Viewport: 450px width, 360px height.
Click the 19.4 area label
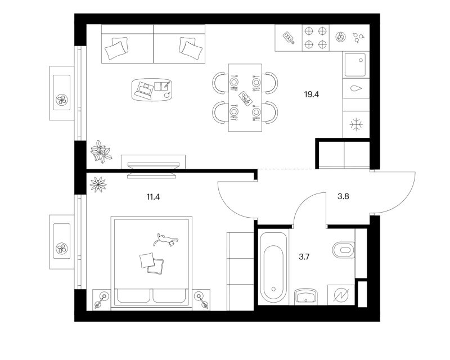[312, 94]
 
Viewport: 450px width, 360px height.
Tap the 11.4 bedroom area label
[153, 197]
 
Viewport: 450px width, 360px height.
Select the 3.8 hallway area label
[343, 197]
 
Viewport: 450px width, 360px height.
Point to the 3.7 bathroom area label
[304, 256]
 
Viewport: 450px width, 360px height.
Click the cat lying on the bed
[166, 240]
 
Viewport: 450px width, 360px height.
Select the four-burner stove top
[316, 38]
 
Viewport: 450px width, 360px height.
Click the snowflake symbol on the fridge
[356, 124]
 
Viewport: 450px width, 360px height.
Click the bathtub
[273, 267]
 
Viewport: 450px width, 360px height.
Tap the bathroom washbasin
[306, 296]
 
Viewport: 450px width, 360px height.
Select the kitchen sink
[355, 65]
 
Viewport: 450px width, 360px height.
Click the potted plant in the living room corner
[101, 151]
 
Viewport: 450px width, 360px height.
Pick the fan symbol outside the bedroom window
[62, 248]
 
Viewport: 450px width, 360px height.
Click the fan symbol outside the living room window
[62, 100]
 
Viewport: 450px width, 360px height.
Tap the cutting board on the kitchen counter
[289, 38]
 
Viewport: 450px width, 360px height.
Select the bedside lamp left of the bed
[101, 299]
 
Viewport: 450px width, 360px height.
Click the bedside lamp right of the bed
[201, 299]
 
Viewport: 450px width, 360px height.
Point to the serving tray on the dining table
[245, 98]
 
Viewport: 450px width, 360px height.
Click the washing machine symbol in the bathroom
[341, 295]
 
